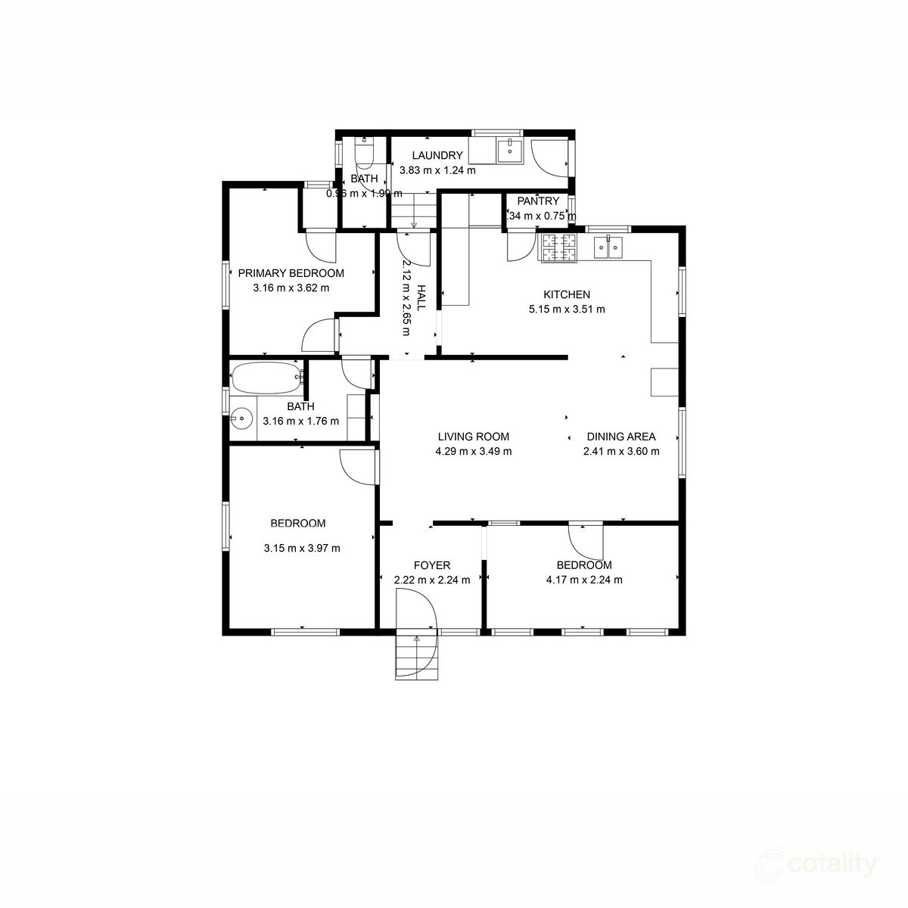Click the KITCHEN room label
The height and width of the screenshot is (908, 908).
(x=567, y=294)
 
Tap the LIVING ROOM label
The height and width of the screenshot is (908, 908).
(x=474, y=437)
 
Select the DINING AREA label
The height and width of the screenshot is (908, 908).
(x=621, y=437)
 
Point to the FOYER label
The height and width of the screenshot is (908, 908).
(x=432, y=565)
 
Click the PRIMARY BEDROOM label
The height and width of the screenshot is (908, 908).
(x=291, y=273)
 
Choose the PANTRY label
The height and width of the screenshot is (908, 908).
(x=538, y=201)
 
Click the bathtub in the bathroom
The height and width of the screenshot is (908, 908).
(x=266, y=378)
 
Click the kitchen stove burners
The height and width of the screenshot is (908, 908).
(x=558, y=248)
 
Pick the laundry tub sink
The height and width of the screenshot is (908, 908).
(x=510, y=150)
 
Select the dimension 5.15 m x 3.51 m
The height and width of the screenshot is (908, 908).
(x=567, y=309)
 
